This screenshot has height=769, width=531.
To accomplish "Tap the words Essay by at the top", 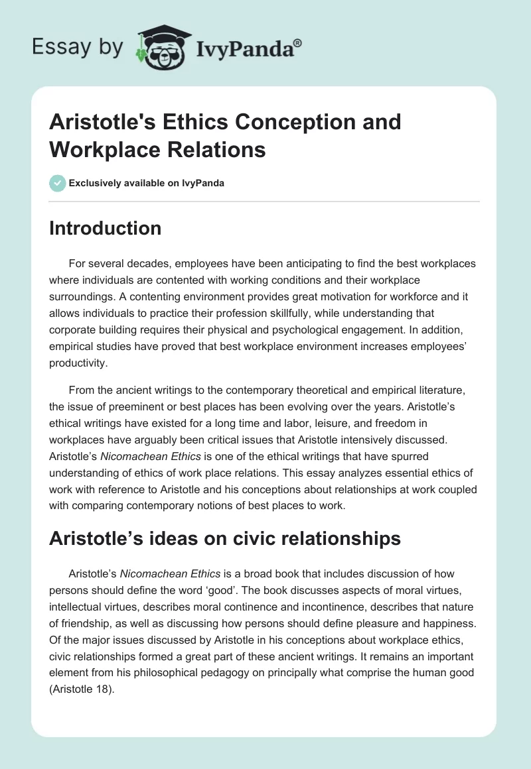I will coord(77,47).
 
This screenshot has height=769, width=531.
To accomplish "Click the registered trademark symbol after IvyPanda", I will coord(298,42).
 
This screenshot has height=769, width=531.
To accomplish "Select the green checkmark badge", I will coord(58,183).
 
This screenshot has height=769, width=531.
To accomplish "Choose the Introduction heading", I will coord(106,228).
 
